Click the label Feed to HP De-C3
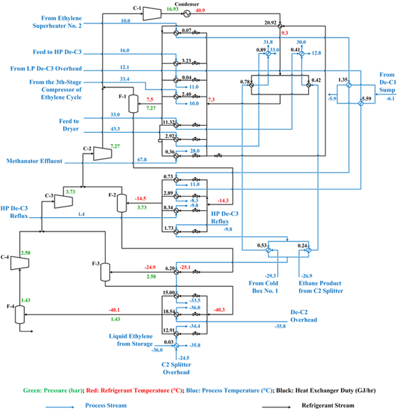[x=58, y=52]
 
